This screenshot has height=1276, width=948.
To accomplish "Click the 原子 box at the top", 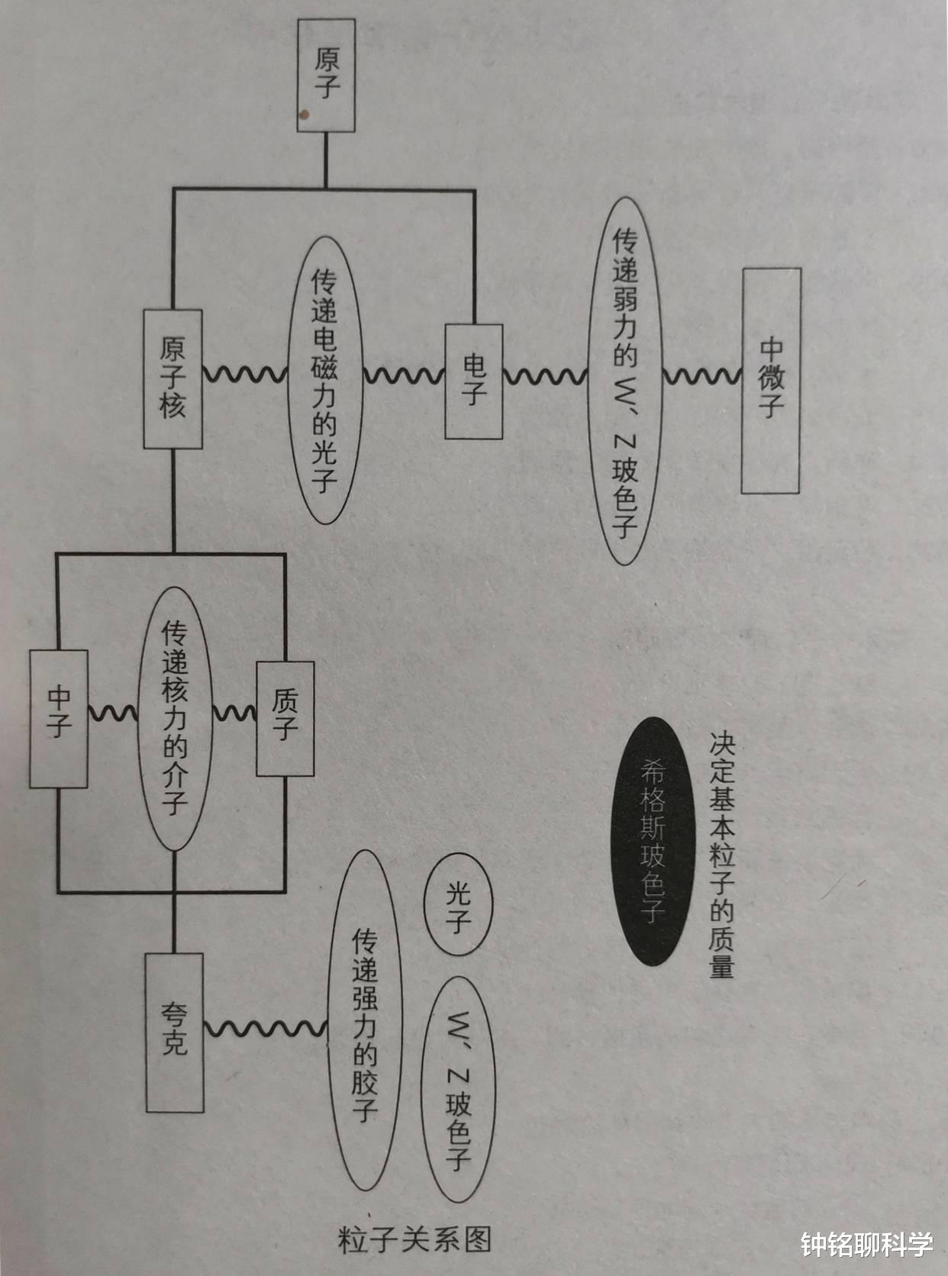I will [x=326, y=76].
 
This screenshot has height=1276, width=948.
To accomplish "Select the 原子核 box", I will [x=173, y=379].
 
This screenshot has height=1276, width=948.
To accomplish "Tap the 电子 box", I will [x=474, y=381].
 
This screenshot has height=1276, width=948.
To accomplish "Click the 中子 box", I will [x=59, y=717].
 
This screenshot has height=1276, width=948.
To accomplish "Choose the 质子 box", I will [x=285, y=717].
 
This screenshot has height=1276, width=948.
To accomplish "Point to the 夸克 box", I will [x=175, y=1032].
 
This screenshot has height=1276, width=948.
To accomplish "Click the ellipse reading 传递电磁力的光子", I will [x=324, y=380].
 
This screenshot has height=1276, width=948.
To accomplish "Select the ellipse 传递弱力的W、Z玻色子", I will [x=625, y=380].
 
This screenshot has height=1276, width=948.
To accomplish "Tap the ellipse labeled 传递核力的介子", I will [x=174, y=717].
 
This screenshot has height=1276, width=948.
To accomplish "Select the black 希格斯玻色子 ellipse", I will [x=653, y=841].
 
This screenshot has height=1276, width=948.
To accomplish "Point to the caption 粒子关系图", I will [x=414, y=1241].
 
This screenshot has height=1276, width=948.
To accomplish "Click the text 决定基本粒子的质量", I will [x=722, y=855].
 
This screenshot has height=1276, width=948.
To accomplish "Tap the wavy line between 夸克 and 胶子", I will [x=266, y=1027].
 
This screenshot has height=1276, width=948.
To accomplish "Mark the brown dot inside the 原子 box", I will [x=305, y=115].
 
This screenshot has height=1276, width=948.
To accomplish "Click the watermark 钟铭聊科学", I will [x=867, y=1245].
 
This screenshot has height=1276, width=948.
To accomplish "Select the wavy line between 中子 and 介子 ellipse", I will [x=113, y=714].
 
